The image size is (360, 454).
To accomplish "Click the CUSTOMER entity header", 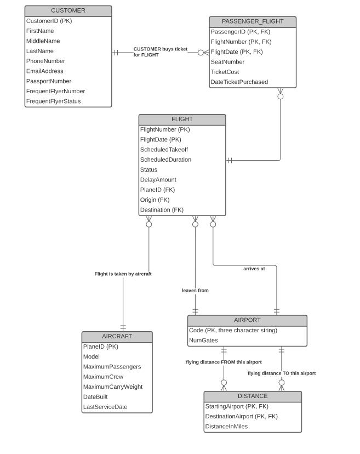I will click(68, 10).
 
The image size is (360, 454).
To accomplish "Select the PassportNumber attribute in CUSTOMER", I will click(49, 81).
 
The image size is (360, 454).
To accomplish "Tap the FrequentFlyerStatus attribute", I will click(53, 101).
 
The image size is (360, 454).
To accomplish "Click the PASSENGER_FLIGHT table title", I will click(253, 21).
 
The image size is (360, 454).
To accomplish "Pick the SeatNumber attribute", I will click(227, 62).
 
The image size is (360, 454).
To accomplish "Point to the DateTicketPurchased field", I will click(239, 82).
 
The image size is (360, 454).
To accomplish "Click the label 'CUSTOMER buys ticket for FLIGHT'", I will click(160, 52).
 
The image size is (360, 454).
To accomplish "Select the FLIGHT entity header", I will click(182, 119).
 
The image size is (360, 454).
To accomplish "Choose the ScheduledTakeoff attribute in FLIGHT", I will click(164, 150).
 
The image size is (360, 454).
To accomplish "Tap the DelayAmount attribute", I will click(158, 180).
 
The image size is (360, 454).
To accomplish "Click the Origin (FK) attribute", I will click(155, 200).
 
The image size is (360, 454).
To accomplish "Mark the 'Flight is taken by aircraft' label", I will click(123, 274).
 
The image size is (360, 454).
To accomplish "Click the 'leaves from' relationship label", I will click(195, 290).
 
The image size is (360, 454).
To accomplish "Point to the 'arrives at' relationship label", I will click(254, 269).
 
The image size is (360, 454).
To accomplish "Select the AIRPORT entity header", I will click(247, 320).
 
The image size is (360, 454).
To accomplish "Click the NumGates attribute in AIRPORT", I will click(203, 340).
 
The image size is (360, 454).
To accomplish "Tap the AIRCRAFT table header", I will click(117, 336).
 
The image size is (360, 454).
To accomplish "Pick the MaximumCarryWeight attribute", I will click(112, 387).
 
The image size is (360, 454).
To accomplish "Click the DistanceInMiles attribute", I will click(226, 427).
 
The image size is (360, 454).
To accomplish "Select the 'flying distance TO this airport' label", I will click(282, 373).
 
